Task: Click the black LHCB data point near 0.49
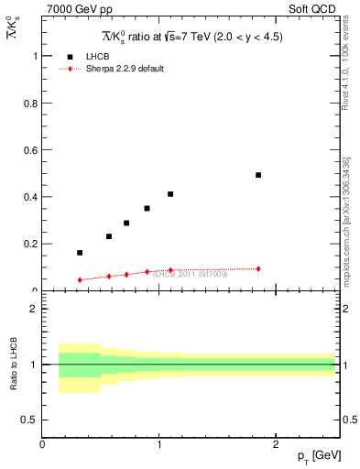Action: pos(258,175)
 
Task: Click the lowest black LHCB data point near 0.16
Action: pos(80,253)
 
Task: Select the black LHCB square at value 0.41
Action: pos(170,194)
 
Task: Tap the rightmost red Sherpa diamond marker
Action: pos(258,268)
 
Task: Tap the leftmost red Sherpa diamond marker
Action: pos(80,279)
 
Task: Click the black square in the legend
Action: pos(71,57)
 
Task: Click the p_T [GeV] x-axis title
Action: pos(319,454)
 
